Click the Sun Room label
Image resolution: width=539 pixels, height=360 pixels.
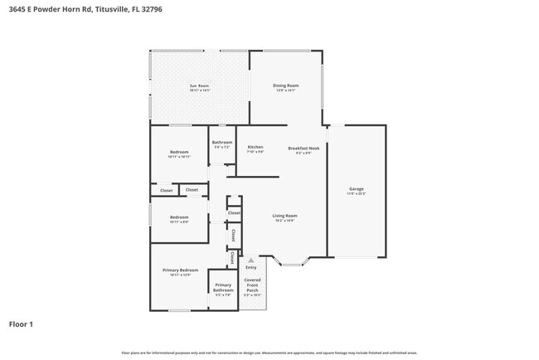click(x=199, y=85)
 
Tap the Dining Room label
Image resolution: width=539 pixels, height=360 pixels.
click(x=286, y=85)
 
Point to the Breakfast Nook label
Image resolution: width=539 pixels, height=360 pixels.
click(x=303, y=148)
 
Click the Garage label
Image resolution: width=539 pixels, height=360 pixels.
click(x=356, y=189)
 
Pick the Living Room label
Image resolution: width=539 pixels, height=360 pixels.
click(x=284, y=216)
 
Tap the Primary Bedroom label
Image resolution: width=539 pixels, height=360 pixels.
click(x=179, y=270)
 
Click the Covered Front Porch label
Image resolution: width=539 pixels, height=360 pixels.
click(x=252, y=285)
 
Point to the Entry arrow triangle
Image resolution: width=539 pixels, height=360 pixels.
click(x=250, y=260)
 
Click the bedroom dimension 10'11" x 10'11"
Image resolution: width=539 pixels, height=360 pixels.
click(x=179, y=157)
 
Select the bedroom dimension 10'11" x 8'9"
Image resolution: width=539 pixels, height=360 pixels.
click(x=179, y=221)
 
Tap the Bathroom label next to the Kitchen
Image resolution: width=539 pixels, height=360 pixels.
click(x=222, y=142)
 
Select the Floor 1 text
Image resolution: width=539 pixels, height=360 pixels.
click(x=22, y=324)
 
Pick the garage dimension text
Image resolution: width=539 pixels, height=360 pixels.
click(x=356, y=194)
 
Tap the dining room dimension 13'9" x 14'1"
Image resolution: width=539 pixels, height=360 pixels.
click(x=286, y=90)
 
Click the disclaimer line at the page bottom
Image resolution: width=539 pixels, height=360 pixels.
click(x=269, y=353)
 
